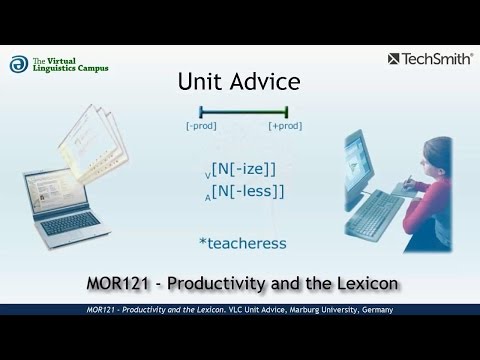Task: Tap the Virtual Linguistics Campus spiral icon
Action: (x=17, y=65)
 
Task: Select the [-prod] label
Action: (x=200, y=127)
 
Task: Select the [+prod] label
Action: (x=286, y=127)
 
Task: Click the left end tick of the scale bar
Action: (x=201, y=111)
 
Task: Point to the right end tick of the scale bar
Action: (x=287, y=111)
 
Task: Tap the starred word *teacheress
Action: (x=242, y=243)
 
